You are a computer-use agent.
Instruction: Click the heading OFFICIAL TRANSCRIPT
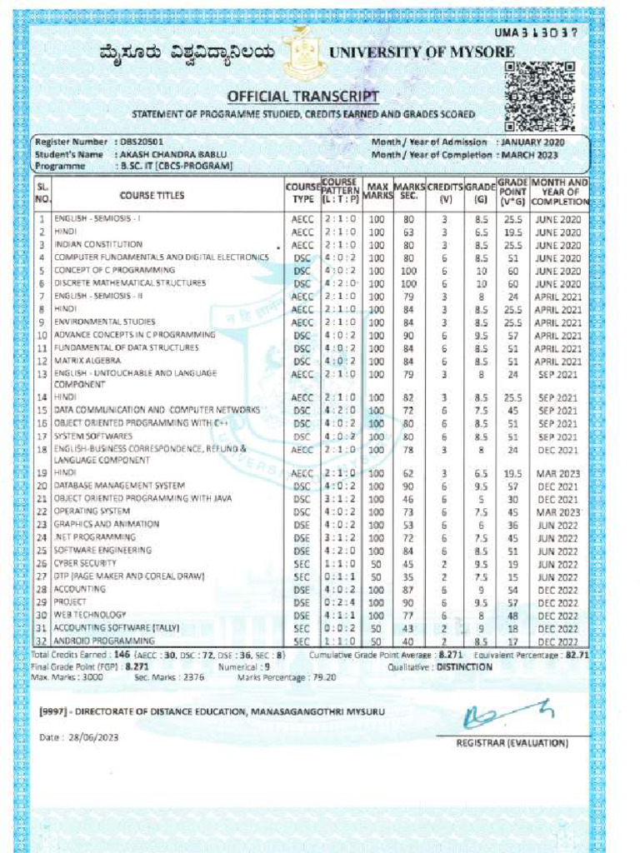point(303,97)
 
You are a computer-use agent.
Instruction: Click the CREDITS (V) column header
point(445,192)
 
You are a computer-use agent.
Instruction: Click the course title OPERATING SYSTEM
point(92,511)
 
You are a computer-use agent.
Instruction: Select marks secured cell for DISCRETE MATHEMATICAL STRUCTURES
point(408,284)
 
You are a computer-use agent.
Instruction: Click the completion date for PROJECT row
point(557,602)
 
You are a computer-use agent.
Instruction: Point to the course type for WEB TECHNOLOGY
point(301,616)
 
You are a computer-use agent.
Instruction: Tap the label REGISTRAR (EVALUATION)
point(512,742)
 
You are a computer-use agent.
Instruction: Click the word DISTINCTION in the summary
point(464,667)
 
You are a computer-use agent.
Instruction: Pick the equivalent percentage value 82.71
point(575,656)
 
